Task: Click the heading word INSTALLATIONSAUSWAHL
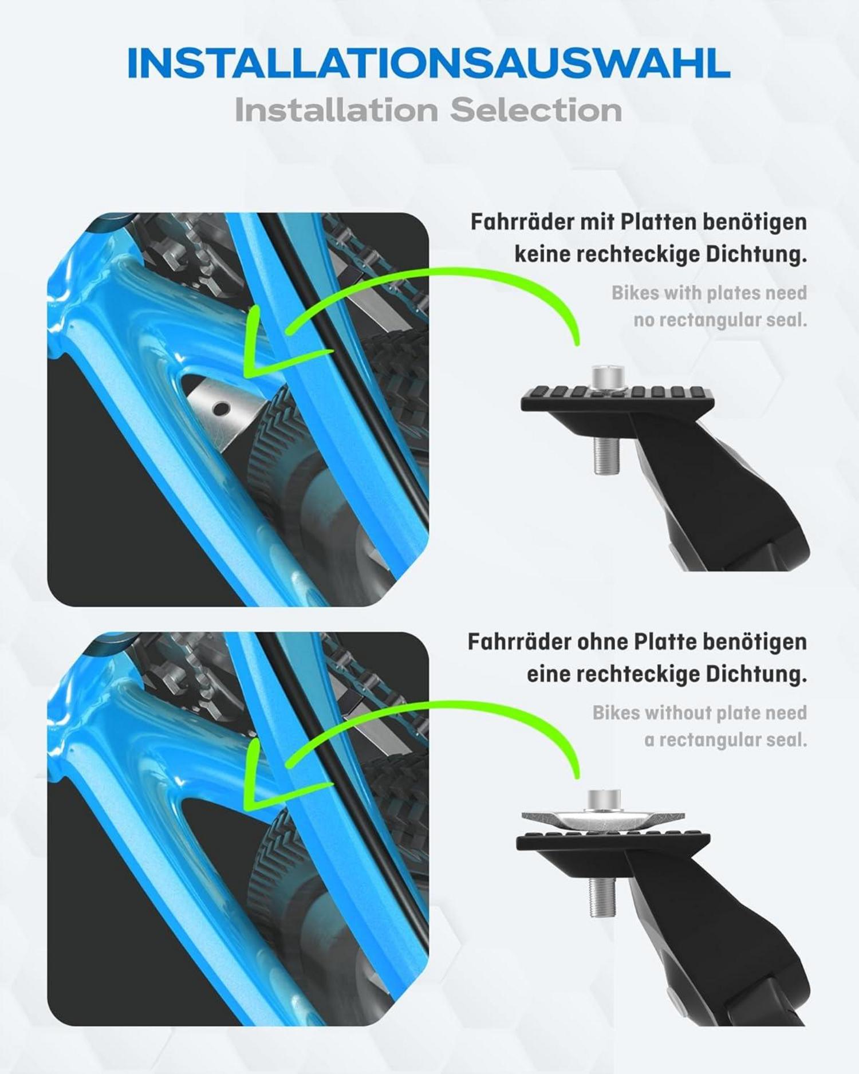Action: click(428, 63)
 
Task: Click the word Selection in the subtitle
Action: click(536, 110)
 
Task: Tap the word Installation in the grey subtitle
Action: click(337, 110)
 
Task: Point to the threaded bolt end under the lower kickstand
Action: click(601, 897)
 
